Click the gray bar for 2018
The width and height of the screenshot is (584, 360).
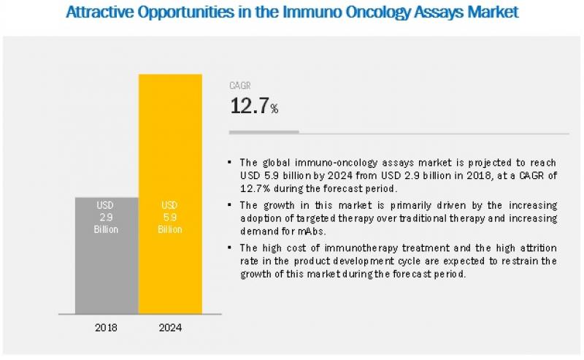coord(107,255)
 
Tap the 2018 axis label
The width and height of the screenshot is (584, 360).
coord(107,327)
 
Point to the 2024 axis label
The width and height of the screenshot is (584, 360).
coord(170,327)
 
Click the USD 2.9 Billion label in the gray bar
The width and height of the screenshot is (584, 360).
coord(107,216)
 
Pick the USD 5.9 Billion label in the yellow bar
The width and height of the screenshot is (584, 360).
coord(169,216)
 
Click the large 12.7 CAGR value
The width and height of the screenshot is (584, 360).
coord(249,107)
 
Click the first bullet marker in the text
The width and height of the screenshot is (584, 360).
coord(231,162)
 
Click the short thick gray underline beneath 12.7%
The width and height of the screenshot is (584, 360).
coord(264,132)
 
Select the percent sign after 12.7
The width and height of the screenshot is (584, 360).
coord(274,110)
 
